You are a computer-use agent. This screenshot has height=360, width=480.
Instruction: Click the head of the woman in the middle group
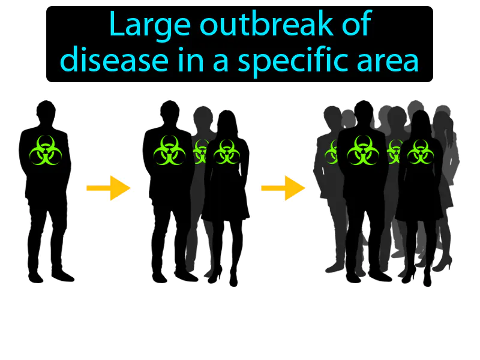(x=226, y=120)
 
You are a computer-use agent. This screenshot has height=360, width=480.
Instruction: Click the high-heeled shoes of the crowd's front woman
(x=420, y=279)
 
